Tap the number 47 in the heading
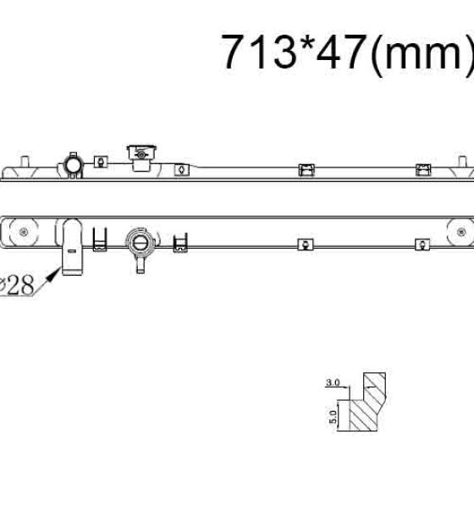(341, 52)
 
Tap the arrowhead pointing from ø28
(53, 274)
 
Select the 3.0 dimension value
(333, 382)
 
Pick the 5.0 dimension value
(333, 417)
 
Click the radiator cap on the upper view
(141, 153)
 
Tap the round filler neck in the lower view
(140, 243)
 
